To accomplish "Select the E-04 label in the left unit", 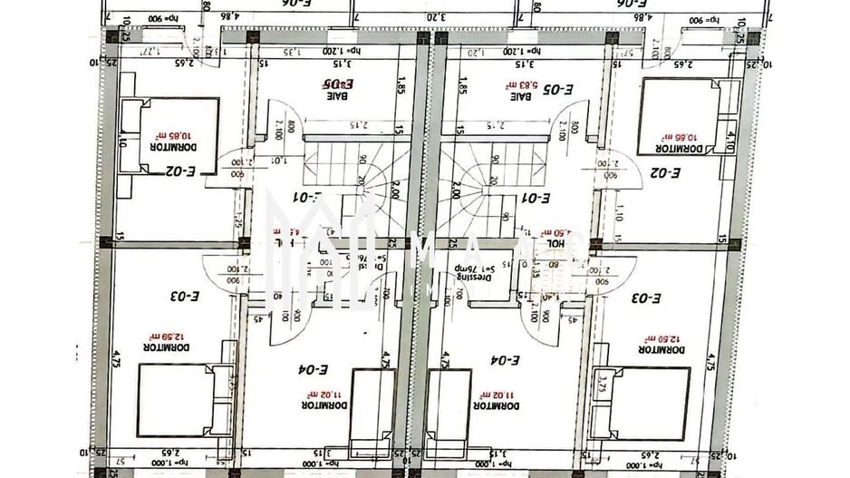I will tap(311, 369).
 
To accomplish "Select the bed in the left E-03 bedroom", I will tap(178, 399).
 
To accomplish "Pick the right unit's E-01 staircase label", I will tap(535, 197).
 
